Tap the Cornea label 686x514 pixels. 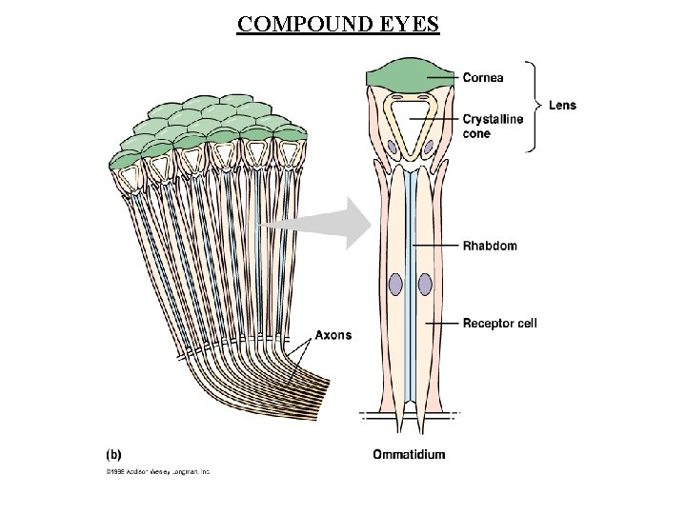coord(483,76)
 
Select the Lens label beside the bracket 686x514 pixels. coord(561,105)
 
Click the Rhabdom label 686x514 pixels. coord(490,246)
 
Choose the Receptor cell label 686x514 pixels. coord(499,324)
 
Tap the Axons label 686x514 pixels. coord(333,335)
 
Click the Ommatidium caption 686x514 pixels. coord(409,454)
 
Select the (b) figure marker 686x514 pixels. coord(112,454)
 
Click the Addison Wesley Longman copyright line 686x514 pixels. coord(157,471)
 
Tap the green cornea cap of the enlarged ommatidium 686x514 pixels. coord(410,74)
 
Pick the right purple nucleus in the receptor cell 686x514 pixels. coord(425,286)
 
